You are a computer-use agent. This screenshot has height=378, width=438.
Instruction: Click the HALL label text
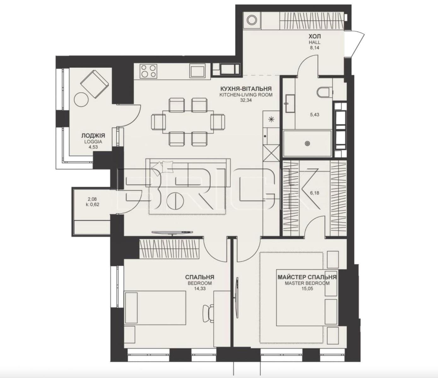(x=314, y=43)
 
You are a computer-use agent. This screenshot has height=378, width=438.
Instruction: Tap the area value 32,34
(x=246, y=100)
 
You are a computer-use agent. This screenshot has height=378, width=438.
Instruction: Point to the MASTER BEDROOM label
(x=307, y=283)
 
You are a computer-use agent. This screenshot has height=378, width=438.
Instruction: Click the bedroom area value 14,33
(x=200, y=289)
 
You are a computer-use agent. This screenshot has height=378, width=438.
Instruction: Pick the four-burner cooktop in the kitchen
(x=148, y=71)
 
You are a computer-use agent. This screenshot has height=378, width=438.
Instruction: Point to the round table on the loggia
(x=82, y=100)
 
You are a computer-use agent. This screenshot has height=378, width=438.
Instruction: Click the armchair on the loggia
(x=94, y=84)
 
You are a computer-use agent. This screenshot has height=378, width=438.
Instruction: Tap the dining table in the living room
(x=188, y=122)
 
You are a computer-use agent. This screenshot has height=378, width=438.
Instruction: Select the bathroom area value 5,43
(x=314, y=115)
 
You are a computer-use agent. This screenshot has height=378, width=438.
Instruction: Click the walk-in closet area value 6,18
(x=314, y=193)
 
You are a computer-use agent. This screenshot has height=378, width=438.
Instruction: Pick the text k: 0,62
(x=92, y=205)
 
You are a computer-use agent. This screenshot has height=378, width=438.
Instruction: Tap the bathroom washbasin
(x=290, y=104)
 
